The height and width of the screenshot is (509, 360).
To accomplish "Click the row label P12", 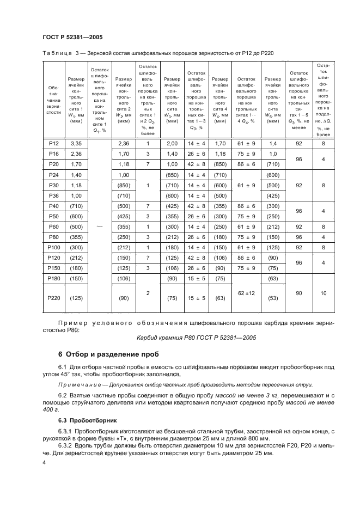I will point(53,143).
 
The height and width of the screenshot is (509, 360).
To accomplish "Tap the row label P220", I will point(53,297).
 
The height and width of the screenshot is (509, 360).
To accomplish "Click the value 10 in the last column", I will point(324,293).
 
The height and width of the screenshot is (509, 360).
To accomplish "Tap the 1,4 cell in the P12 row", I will point(273,143).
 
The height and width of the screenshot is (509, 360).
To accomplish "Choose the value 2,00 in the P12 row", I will point(172,143).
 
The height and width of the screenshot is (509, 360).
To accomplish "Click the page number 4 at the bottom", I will point(44,462).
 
